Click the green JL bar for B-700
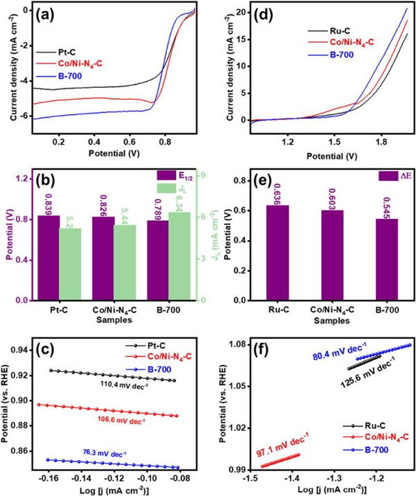pyautogui.click(x=179, y=256)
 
